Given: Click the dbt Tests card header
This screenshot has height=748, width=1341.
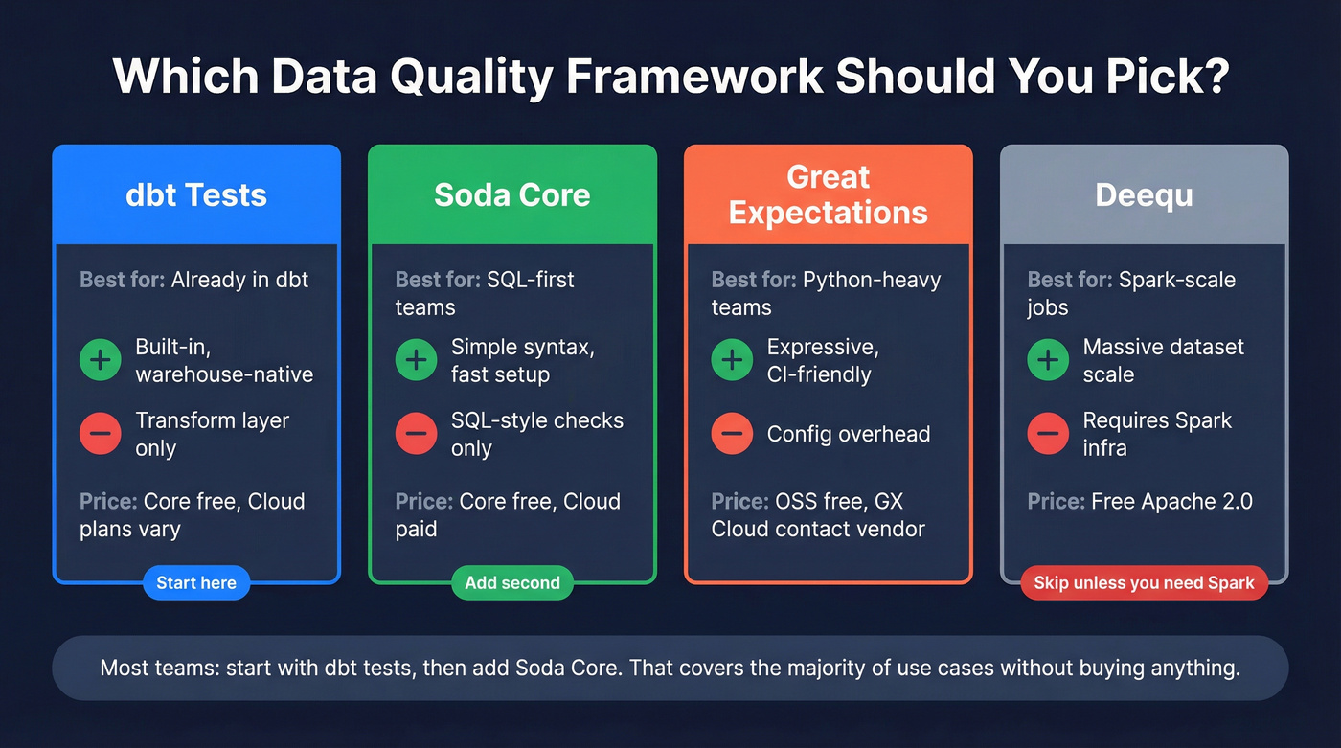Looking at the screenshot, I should tap(196, 194).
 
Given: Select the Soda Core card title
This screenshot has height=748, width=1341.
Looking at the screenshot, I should tap(512, 194).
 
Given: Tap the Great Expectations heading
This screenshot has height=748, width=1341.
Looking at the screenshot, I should tap(829, 194).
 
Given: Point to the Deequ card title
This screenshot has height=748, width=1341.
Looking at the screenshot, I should tap(1145, 194).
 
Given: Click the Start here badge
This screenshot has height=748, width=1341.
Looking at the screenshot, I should tap(196, 582).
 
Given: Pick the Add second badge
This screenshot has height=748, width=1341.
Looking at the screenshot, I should tap(512, 582).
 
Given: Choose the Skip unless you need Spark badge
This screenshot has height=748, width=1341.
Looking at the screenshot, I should tap(1145, 582).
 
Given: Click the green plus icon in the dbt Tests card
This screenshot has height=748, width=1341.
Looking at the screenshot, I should tap(100, 360).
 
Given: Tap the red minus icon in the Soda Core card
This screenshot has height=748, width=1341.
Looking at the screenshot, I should tap(416, 434).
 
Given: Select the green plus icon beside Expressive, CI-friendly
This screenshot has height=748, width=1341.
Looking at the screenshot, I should tap(732, 360).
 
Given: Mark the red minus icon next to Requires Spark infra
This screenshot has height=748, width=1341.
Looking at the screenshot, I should tap(1048, 434).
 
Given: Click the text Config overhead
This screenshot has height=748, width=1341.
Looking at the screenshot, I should tap(849, 434).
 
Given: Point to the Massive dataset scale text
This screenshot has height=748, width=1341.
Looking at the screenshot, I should tap(1164, 360).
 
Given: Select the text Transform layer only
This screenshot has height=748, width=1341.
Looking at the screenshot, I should tap(212, 434).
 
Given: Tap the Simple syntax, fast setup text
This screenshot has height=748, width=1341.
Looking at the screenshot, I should tap(523, 360).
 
